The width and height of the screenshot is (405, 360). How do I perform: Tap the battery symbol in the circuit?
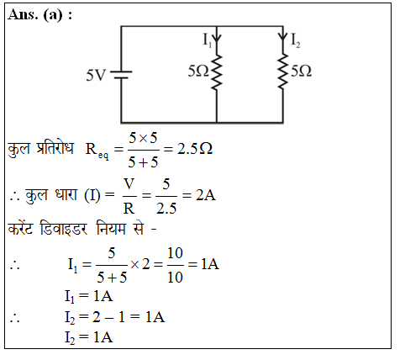click(121, 74)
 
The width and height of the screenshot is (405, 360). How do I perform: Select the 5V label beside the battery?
click(96, 75)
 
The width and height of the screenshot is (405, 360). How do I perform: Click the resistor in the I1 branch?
click(217, 72)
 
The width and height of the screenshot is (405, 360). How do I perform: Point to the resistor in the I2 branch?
click(282, 71)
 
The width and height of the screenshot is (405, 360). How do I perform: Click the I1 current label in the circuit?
click(208, 40)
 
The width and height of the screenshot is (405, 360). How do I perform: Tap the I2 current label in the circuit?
click(296, 40)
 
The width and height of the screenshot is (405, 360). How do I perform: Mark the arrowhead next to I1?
click(217, 39)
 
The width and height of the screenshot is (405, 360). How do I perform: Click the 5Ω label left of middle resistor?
click(198, 71)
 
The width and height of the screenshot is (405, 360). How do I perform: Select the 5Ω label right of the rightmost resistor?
click(301, 71)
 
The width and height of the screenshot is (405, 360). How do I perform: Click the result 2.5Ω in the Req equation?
click(195, 149)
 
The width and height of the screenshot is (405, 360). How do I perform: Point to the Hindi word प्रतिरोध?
click(55, 148)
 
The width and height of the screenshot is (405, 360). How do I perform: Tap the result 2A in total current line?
click(206, 195)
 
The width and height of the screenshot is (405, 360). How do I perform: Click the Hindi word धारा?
click(66, 194)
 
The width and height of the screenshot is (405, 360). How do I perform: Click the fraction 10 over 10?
click(175, 265)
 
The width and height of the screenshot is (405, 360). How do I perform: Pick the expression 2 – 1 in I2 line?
click(108, 317)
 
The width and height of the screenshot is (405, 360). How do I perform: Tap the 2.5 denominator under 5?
click(166, 209)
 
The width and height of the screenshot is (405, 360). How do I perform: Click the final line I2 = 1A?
click(89, 337)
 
